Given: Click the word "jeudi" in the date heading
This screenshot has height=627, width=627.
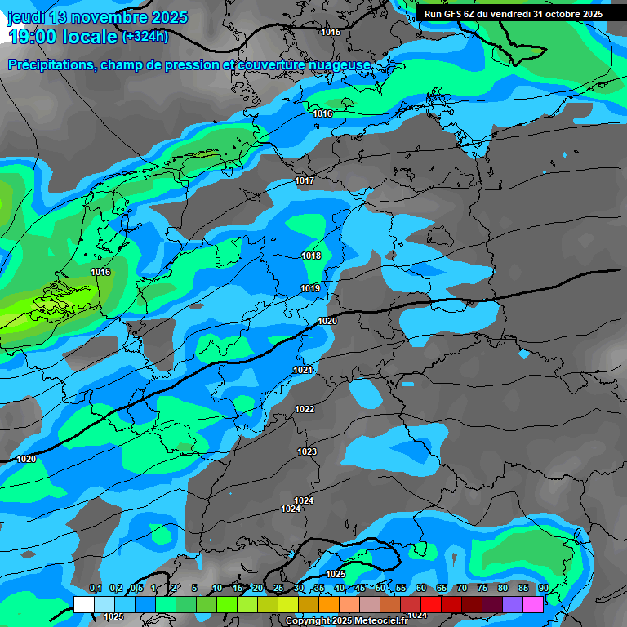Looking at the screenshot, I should [x=26, y=17].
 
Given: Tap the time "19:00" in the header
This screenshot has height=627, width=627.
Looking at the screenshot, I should [x=36, y=36].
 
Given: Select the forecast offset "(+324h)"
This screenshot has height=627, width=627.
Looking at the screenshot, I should [x=145, y=36].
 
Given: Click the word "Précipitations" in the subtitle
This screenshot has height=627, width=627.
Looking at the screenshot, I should [x=51, y=65].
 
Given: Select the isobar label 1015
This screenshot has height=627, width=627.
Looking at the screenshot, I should [x=331, y=32].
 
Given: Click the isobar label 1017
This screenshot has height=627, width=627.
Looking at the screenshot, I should [x=305, y=180].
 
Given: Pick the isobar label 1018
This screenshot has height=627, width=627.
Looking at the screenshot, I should [x=311, y=256].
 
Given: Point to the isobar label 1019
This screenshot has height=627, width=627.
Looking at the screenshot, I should [x=310, y=288].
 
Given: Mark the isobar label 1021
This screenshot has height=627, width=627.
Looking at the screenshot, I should [x=303, y=370].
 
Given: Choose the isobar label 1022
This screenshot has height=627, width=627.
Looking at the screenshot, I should [x=305, y=409].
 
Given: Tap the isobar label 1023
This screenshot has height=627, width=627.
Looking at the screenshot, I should [x=307, y=451].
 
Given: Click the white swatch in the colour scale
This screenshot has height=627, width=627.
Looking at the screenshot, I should [x=83, y=604].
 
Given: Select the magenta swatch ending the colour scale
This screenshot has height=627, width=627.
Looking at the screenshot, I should [x=533, y=604].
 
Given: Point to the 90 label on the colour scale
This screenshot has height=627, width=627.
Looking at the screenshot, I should [x=543, y=588].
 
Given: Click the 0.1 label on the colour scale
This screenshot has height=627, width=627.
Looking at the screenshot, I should [x=95, y=588].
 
